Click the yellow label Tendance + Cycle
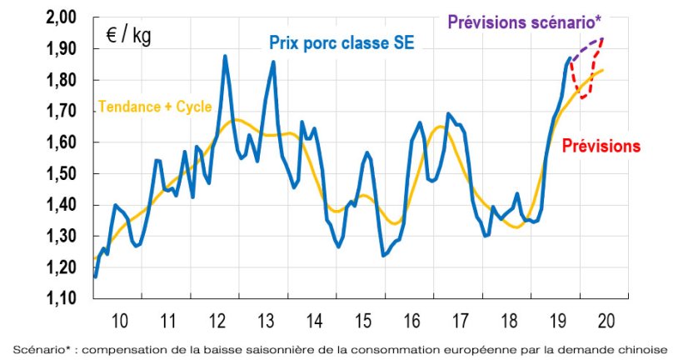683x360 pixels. [x=155, y=107]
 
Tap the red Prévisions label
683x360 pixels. [x=601, y=146]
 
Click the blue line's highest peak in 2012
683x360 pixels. [x=226, y=56]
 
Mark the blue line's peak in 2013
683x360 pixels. [x=273, y=61]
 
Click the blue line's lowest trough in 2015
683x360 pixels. [x=383, y=255]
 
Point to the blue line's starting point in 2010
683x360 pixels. [x=96, y=277]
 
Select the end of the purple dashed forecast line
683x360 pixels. [x=602, y=37]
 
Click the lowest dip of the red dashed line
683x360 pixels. [x=584, y=98]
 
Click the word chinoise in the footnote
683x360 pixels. [x=642, y=347]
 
